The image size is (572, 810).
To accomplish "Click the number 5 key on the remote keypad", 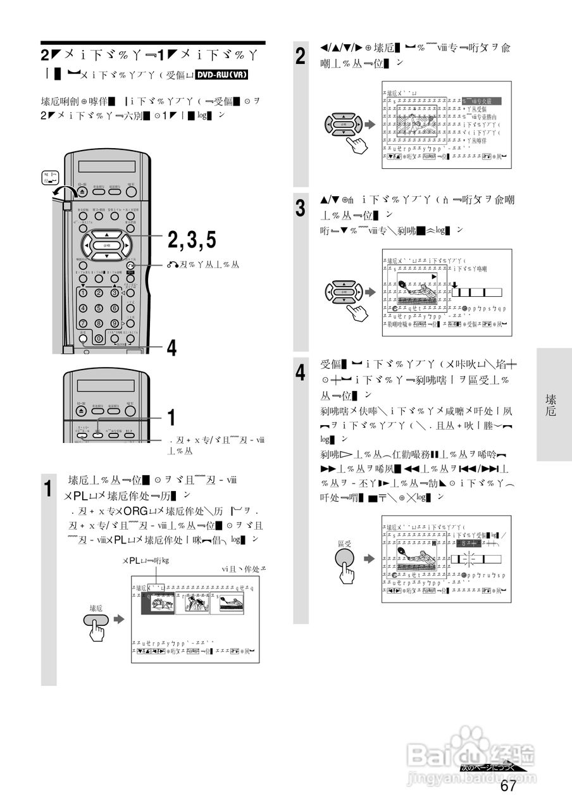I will pyautogui.click(x=99, y=308).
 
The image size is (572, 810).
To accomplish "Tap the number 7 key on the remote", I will pyautogui.click(x=83, y=323).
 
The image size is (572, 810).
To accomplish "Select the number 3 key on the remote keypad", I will pyautogui.click(x=115, y=292).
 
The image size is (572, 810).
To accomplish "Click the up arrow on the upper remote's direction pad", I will pyautogui.click(x=106, y=235).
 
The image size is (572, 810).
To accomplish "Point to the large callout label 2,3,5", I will pyautogui.click(x=192, y=240).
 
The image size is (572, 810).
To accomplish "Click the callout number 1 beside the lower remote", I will pyautogui.click(x=171, y=418).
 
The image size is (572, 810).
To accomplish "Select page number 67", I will pyautogui.click(x=508, y=787).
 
